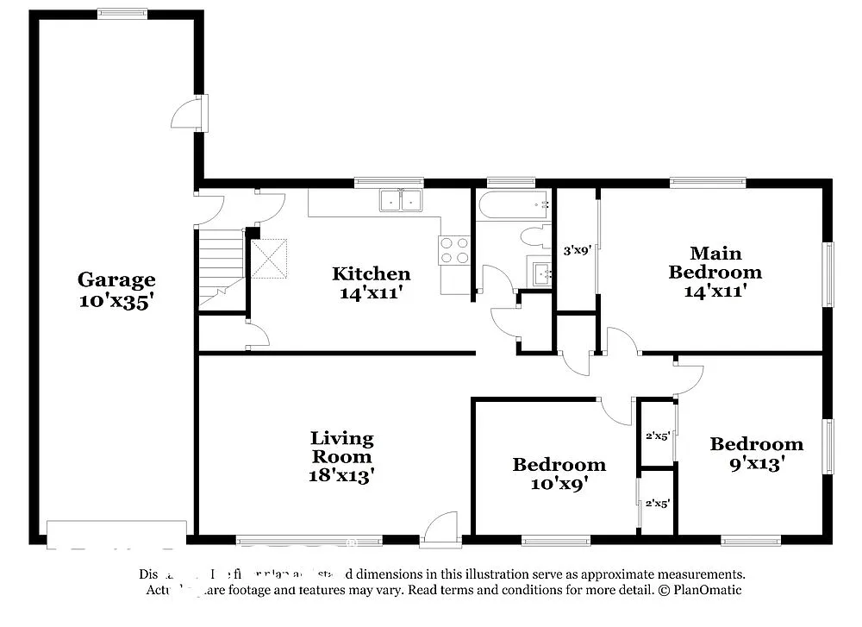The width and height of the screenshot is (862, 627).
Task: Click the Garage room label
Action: tap(116, 279)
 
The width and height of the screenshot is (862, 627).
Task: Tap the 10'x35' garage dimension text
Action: tap(116, 301)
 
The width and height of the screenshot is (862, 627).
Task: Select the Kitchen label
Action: tap(372, 274)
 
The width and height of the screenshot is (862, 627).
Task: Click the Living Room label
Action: tap(342, 448)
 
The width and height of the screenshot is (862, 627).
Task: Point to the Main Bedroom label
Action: tap(715, 262)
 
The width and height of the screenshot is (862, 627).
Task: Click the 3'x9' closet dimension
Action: tap(576, 252)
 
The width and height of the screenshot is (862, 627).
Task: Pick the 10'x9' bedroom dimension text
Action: tap(559, 485)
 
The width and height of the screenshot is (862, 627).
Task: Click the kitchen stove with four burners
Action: tap(454, 250)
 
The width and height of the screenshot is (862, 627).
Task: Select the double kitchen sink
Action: tap(401, 200)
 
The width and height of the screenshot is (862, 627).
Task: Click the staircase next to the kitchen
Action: tap(221, 264)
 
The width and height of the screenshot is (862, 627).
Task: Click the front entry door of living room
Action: tap(440, 529)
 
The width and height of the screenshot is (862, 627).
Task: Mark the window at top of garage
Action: tap(122, 13)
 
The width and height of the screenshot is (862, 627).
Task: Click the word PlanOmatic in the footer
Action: tap(708, 591)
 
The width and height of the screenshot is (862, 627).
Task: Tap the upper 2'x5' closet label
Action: tap(658, 435)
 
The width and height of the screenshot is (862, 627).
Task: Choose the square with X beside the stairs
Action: tap(268, 258)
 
